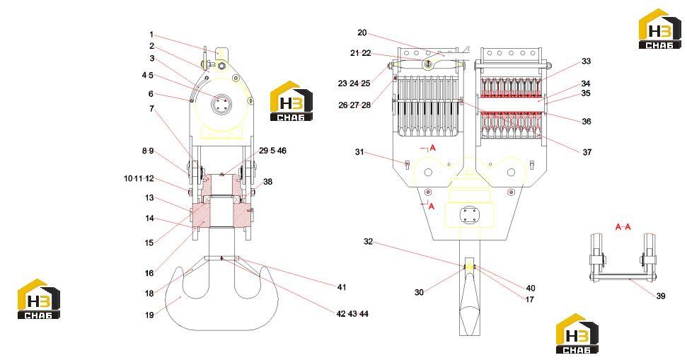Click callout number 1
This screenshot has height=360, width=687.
[151, 35]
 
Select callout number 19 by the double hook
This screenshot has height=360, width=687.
[149, 315]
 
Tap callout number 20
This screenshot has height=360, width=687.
[362, 33]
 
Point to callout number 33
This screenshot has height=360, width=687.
[587, 62]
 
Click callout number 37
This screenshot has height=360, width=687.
[587, 152]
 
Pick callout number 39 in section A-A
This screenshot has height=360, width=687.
[661, 296]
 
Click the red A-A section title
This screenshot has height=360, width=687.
[623, 227]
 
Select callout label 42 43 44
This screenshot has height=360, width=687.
[352, 314]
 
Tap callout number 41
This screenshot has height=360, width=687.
[342, 287]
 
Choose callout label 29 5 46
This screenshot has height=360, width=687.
[272, 151]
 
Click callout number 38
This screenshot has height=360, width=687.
[267, 181]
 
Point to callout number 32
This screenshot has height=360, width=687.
[368, 241]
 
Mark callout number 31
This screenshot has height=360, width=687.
[359, 152]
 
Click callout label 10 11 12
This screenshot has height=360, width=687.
[139, 179]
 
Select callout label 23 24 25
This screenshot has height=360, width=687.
[354, 83]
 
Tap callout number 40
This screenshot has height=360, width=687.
[531, 288]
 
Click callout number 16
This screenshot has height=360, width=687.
[149, 273]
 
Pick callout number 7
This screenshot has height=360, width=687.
[151, 109]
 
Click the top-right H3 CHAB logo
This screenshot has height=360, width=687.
[660, 28]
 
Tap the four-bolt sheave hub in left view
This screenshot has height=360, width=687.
[220, 105]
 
